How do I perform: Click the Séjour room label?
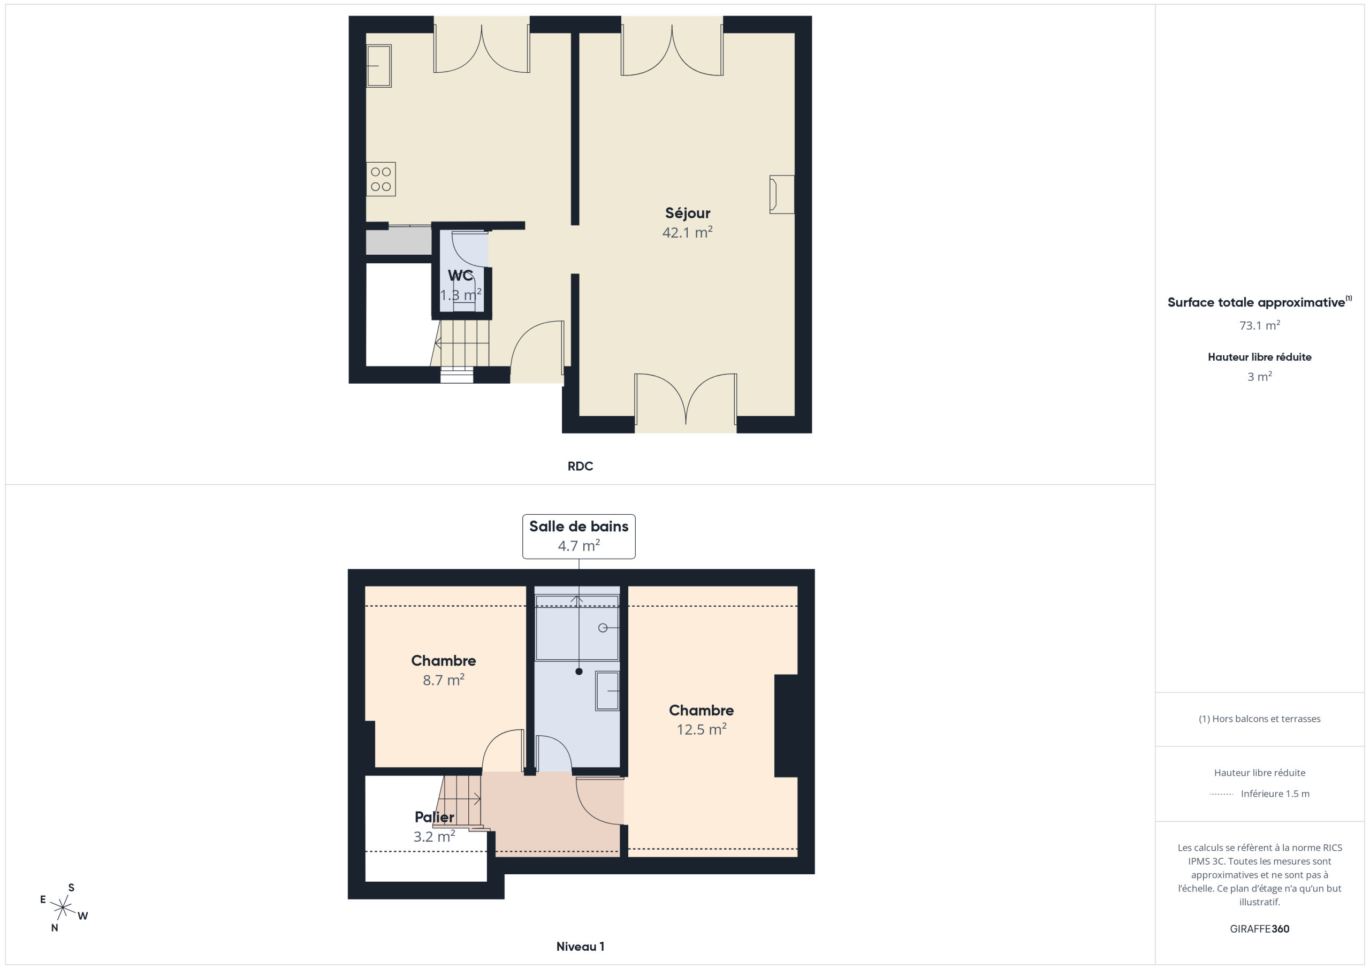click(687, 213)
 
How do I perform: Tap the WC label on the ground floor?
click(460, 276)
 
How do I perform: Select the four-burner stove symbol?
click(380, 179)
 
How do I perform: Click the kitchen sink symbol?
click(379, 66)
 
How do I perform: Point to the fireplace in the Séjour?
click(782, 194)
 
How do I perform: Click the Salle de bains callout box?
click(579, 537)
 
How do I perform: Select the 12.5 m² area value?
click(701, 730)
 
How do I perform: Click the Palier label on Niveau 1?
click(435, 817)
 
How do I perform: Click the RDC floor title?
click(580, 466)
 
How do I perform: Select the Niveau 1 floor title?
click(580, 947)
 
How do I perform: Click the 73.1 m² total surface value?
click(1260, 325)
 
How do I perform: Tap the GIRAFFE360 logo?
click(1260, 929)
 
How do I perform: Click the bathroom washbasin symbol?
click(607, 690)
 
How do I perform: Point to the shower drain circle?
click(603, 628)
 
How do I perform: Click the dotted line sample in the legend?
click(1221, 794)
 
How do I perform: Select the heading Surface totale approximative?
click(1256, 302)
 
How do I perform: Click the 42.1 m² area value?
click(687, 232)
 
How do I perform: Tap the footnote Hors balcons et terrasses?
click(1260, 719)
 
